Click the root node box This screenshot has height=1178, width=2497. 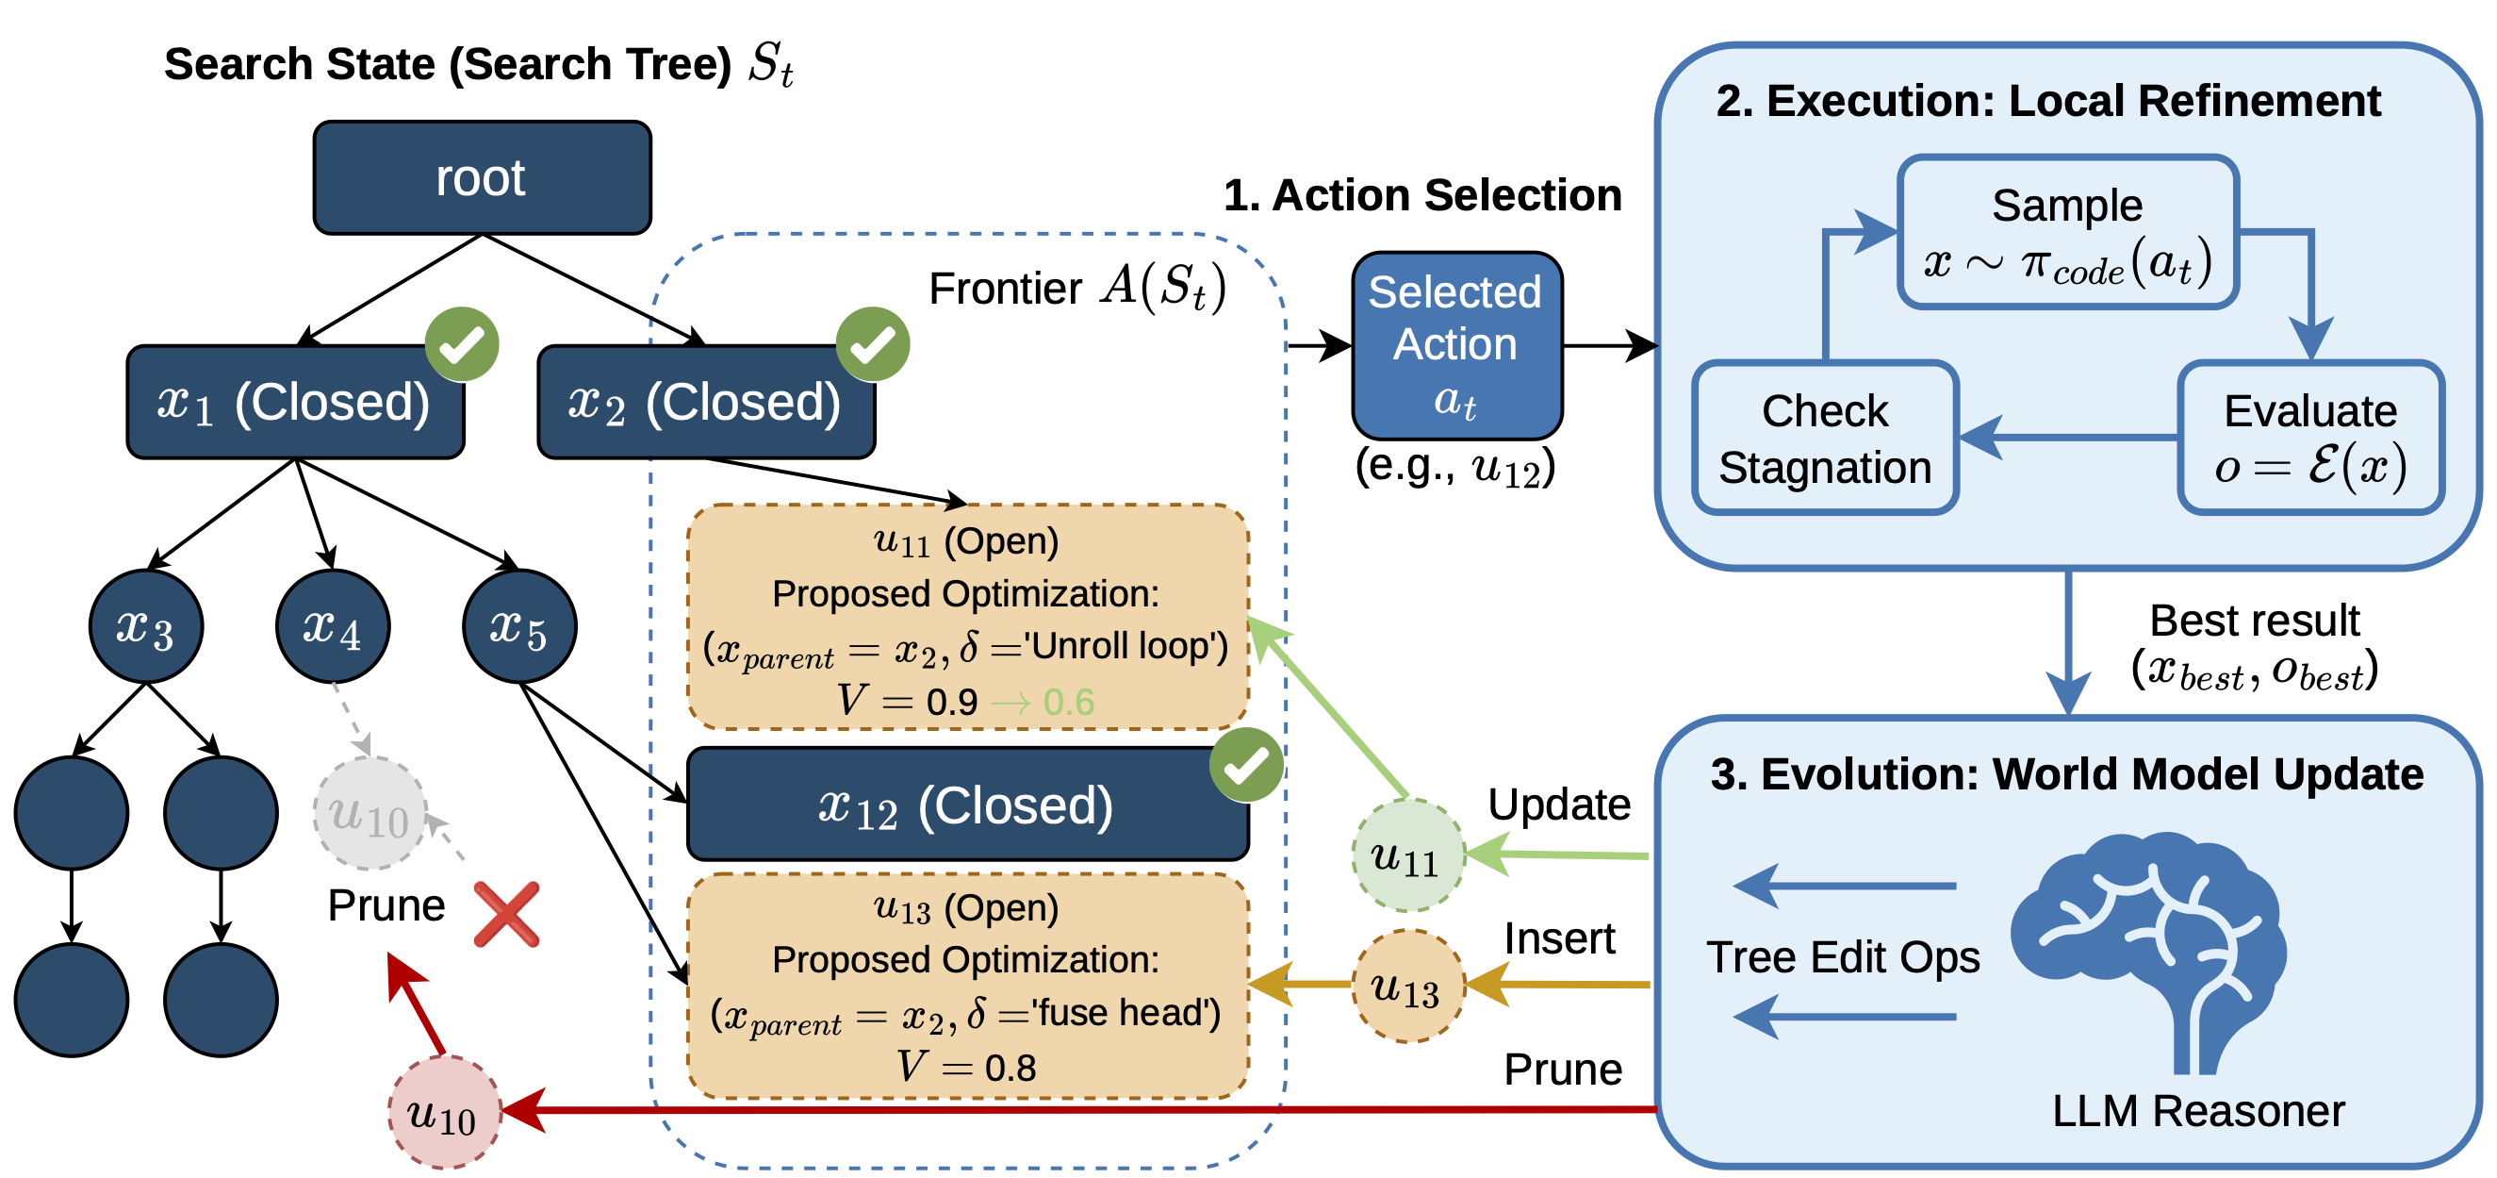coord(482,177)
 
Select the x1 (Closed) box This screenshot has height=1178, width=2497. coord(295,402)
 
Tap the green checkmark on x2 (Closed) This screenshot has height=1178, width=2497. coord(873,344)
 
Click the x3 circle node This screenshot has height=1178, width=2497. coord(145,626)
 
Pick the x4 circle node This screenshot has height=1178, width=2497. coord(333,626)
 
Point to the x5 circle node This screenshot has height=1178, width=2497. coord(519,626)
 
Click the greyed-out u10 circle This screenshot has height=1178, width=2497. coord(370,813)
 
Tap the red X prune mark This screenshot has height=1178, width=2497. coord(506,913)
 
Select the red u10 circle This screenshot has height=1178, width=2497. coord(444,1112)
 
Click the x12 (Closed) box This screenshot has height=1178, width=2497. coord(966,805)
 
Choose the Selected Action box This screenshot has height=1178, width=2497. coord(1456,345)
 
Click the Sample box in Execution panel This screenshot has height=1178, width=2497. coord(2066,233)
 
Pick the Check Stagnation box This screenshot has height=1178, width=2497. coord(1824,439)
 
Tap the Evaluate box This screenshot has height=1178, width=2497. coord(2310,439)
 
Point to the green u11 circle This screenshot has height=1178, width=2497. coord(1407,856)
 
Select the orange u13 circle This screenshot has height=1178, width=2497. coord(1407,987)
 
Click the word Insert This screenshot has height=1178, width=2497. coord(1559,938)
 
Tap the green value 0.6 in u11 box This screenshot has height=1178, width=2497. coord(1068,701)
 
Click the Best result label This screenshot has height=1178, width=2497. coord(2254,621)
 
